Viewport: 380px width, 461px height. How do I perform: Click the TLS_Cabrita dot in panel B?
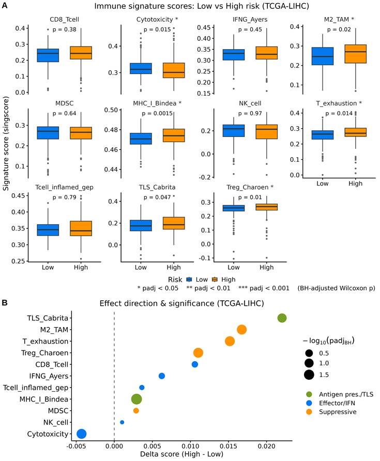282,318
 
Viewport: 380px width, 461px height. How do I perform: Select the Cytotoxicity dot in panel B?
82,434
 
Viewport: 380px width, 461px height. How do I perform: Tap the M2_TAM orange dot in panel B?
241,330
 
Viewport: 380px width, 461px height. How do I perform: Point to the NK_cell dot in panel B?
122,422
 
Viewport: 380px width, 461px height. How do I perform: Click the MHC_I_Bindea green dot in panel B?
136,399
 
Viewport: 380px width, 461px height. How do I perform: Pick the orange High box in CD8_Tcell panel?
81,53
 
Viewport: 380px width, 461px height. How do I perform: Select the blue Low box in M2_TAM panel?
323,56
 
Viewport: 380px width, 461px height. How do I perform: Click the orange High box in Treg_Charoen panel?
266,207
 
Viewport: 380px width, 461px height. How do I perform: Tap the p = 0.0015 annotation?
157,114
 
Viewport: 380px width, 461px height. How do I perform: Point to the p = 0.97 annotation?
250,114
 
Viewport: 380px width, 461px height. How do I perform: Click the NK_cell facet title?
250,103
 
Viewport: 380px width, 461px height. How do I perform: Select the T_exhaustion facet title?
339,103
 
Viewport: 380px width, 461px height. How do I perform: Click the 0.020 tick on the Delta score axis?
266,447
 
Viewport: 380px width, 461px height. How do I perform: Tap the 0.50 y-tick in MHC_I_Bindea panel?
111,110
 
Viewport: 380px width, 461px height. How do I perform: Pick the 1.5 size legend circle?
309,375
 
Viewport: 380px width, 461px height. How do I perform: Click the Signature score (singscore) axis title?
6,144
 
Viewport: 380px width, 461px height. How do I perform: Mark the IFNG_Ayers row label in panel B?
49,376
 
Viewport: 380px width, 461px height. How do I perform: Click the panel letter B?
5,302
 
